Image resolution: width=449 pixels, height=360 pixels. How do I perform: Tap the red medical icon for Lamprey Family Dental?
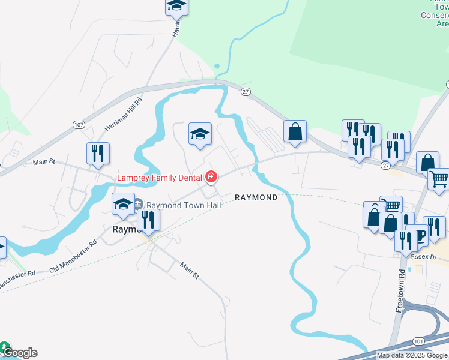coord(211,177)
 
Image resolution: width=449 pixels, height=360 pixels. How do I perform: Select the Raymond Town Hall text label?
coord(184,205)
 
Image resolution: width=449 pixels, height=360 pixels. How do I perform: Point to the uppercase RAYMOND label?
coord(256,197)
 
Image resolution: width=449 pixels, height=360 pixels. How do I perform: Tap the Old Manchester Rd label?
coord(73,256)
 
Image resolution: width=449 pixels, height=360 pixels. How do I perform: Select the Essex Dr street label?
coord(430,257)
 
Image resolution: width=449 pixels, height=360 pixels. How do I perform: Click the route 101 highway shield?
coord(418,341)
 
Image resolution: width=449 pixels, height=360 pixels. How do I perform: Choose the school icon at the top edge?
coord(176,7)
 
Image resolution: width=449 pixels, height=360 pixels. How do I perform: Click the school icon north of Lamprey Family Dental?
coord(200,134)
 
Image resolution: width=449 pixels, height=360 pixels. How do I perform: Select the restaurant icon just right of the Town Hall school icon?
coord(148,220)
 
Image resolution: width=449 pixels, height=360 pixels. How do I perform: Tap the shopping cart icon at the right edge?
coord(439,179)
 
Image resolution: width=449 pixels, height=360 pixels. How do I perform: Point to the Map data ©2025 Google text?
coord(412,355)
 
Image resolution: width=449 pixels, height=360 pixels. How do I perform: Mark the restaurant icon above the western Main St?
coord(98,154)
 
